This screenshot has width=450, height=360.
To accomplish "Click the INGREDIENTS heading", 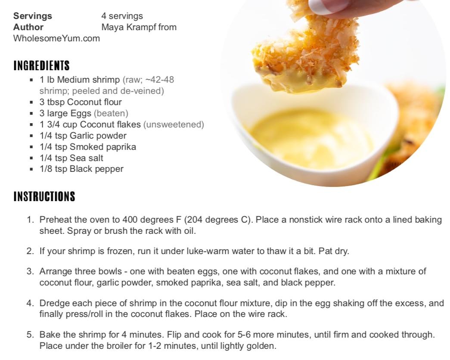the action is (42, 65).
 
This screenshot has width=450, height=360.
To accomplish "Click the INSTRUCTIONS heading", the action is (44, 196).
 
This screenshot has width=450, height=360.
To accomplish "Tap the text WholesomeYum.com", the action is (56, 38).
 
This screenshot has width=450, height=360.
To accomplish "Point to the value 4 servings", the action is (122, 16).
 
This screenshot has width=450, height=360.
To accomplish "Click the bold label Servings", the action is (33, 16).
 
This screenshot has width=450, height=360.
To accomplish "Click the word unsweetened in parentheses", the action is (174, 124).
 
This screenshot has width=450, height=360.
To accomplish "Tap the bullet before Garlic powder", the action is (31, 136).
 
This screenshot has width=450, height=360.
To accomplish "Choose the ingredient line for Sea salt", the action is (71, 158).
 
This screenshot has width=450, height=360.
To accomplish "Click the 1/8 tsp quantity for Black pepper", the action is (53, 169).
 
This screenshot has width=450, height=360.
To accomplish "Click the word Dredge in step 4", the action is (55, 303).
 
